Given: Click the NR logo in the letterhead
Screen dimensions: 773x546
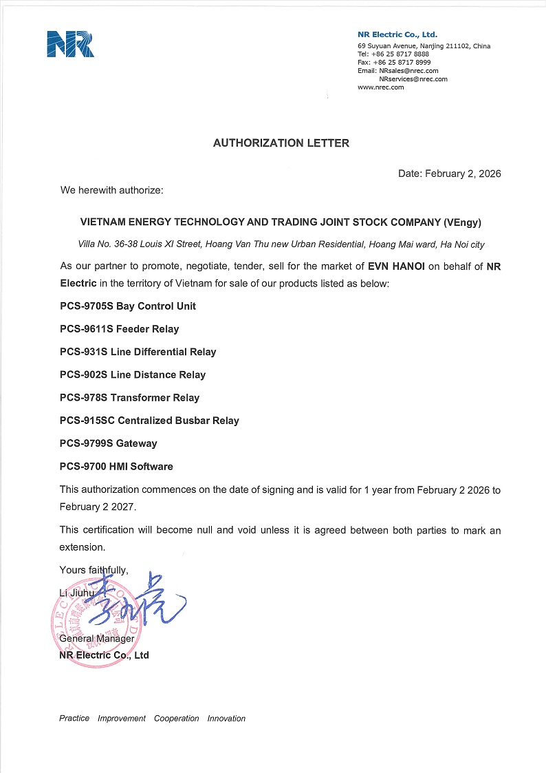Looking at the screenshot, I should pyautogui.click(x=70, y=43).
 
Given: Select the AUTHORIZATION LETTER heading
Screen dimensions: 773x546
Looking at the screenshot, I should pyautogui.click(x=281, y=143).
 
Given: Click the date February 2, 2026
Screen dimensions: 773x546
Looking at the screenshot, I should pyautogui.click(x=462, y=173).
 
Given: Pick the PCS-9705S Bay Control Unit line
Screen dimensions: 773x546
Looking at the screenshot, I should pyautogui.click(x=128, y=306).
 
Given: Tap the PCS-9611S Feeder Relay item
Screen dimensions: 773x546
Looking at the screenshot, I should pyautogui.click(x=119, y=329).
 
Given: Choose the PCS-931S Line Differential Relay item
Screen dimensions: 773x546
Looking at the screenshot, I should pyautogui.click(x=138, y=352).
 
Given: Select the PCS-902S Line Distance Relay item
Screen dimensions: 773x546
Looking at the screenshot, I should pyautogui.click(x=133, y=374).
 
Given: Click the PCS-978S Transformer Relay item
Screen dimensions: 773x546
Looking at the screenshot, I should pyautogui.click(x=129, y=397).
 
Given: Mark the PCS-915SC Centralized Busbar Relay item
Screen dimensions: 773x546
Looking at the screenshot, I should pyautogui.click(x=149, y=420).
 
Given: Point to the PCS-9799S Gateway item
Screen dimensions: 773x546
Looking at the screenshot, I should pyautogui.click(x=108, y=443).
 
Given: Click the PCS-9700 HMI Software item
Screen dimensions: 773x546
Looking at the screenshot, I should pyautogui.click(x=116, y=466).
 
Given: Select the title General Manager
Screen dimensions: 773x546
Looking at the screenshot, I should pyautogui.click(x=97, y=639).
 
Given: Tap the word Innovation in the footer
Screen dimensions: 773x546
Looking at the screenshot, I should pyautogui.click(x=226, y=718).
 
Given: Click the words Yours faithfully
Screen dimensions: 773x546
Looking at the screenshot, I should pyautogui.click(x=94, y=569).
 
